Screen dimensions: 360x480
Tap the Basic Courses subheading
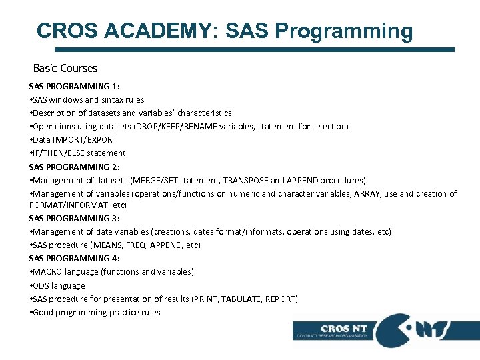65,68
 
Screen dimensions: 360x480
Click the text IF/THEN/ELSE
53,153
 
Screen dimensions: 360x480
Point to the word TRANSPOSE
245,180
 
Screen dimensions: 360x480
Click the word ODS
41,285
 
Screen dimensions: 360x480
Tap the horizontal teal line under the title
253,49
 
